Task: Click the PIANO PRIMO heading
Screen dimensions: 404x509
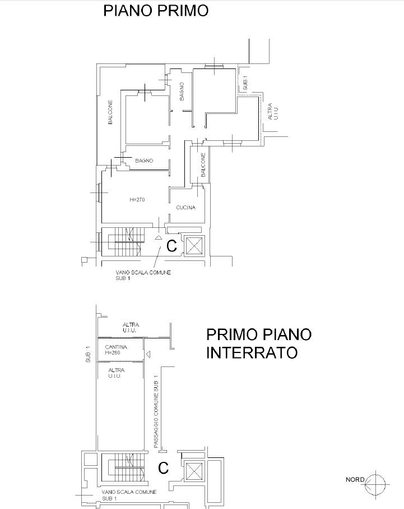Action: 156,11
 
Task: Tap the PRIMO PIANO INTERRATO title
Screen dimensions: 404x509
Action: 259,343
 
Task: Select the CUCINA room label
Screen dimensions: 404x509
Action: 186,208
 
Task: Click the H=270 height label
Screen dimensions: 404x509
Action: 137,200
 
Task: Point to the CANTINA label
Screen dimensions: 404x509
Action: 116,347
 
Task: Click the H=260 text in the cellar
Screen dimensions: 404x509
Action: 113,353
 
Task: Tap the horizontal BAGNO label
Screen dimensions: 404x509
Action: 144,161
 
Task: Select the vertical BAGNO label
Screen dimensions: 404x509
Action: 182,91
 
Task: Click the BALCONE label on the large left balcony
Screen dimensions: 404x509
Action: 110,112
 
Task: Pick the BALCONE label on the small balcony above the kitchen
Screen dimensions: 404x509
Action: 203,165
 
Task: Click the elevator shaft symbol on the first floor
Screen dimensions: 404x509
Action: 194,245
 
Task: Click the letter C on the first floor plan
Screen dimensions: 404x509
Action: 171,246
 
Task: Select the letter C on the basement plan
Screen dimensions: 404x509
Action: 164,468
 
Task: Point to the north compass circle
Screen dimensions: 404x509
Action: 375,485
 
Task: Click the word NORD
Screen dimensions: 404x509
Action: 355,479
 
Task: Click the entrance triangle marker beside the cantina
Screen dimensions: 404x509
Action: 148,354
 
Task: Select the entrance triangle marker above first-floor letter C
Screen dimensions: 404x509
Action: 158,237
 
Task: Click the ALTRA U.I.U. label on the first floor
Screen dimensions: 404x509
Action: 273,111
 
